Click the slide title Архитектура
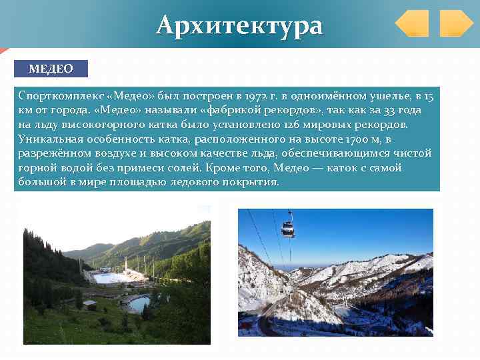tap(239, 25)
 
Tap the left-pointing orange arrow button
tap(411, 23)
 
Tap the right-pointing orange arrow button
tap(456, 23)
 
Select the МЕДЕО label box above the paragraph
tap(51, 69)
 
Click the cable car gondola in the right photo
tap(288, 229)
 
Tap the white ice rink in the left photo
tap(110, 277)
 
